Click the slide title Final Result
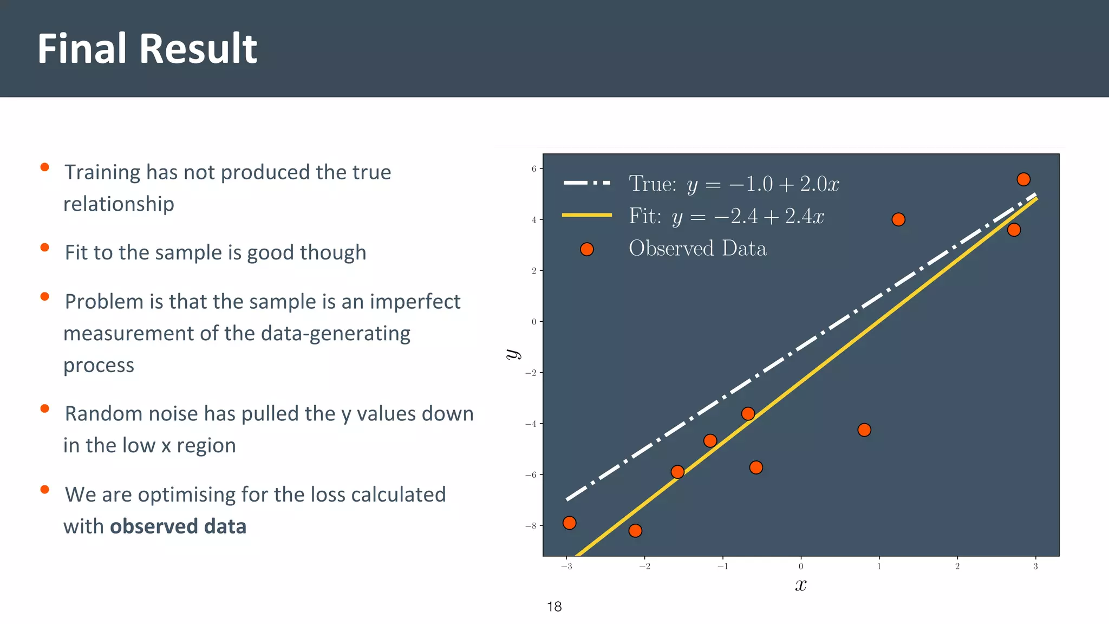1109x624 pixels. click(x=147, y=49)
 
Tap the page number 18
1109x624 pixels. click(x=554, y=607)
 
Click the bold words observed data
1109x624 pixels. click(x=178, y=526)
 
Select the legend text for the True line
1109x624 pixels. click(x=734, y=184)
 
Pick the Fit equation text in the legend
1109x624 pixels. click(x=726, y=217)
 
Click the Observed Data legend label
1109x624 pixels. click(x=697, y=249)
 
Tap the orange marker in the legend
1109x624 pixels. click(x=586, y=249)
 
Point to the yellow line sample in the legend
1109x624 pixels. click(x=587, y=215)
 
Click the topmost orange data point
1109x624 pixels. click(x=1023, y=179)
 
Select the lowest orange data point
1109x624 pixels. click(x=635, y=530)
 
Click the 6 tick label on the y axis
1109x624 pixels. click(x=534, y=169)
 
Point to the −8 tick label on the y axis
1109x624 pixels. click(x=531, y=526)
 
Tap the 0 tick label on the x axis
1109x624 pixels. click(x=801, y=567)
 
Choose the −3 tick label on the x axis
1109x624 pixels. click(x=566, y=567)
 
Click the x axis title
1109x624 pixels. click(x=801, y=586)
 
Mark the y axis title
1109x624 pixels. click(x=512, y=355)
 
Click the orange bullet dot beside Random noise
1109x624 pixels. click(x=45, y=409)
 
